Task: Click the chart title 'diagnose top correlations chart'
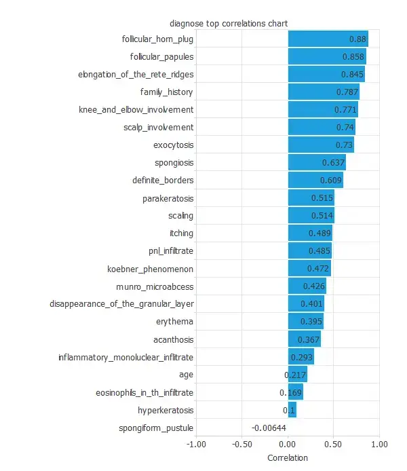pyautogui.click(x=229, y=23)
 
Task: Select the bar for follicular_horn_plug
pyautogui.click(x=328, y=39)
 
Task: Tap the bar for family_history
pyautogui.click(x=324, y=92)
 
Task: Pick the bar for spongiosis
pyautogui.click(x=317, y=163)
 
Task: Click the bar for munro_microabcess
pyautogui.click(x=307, y=286)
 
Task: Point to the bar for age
pyautogui.click(x=297, y=375)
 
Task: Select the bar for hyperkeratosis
pyautogui.click(x=292, y=410)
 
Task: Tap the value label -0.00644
pyautogui.click(x=269, y=428)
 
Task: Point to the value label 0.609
pyautogui.click(x=331, y=181)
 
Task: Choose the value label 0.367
pyautogui.click(x=309, y=339)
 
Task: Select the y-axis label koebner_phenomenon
pyautogui.click(x=151, y=269)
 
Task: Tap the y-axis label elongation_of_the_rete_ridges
pyautogui.click(x=145, y=75)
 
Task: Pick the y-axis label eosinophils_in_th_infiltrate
pyautogui.click(x=144, y=392)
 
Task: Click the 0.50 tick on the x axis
pyautogui.click(x=333, y=444)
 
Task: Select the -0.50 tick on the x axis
pyautogui.click(x=241, y=444)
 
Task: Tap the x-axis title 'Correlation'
pyautogui.click(x=288, y=457)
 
